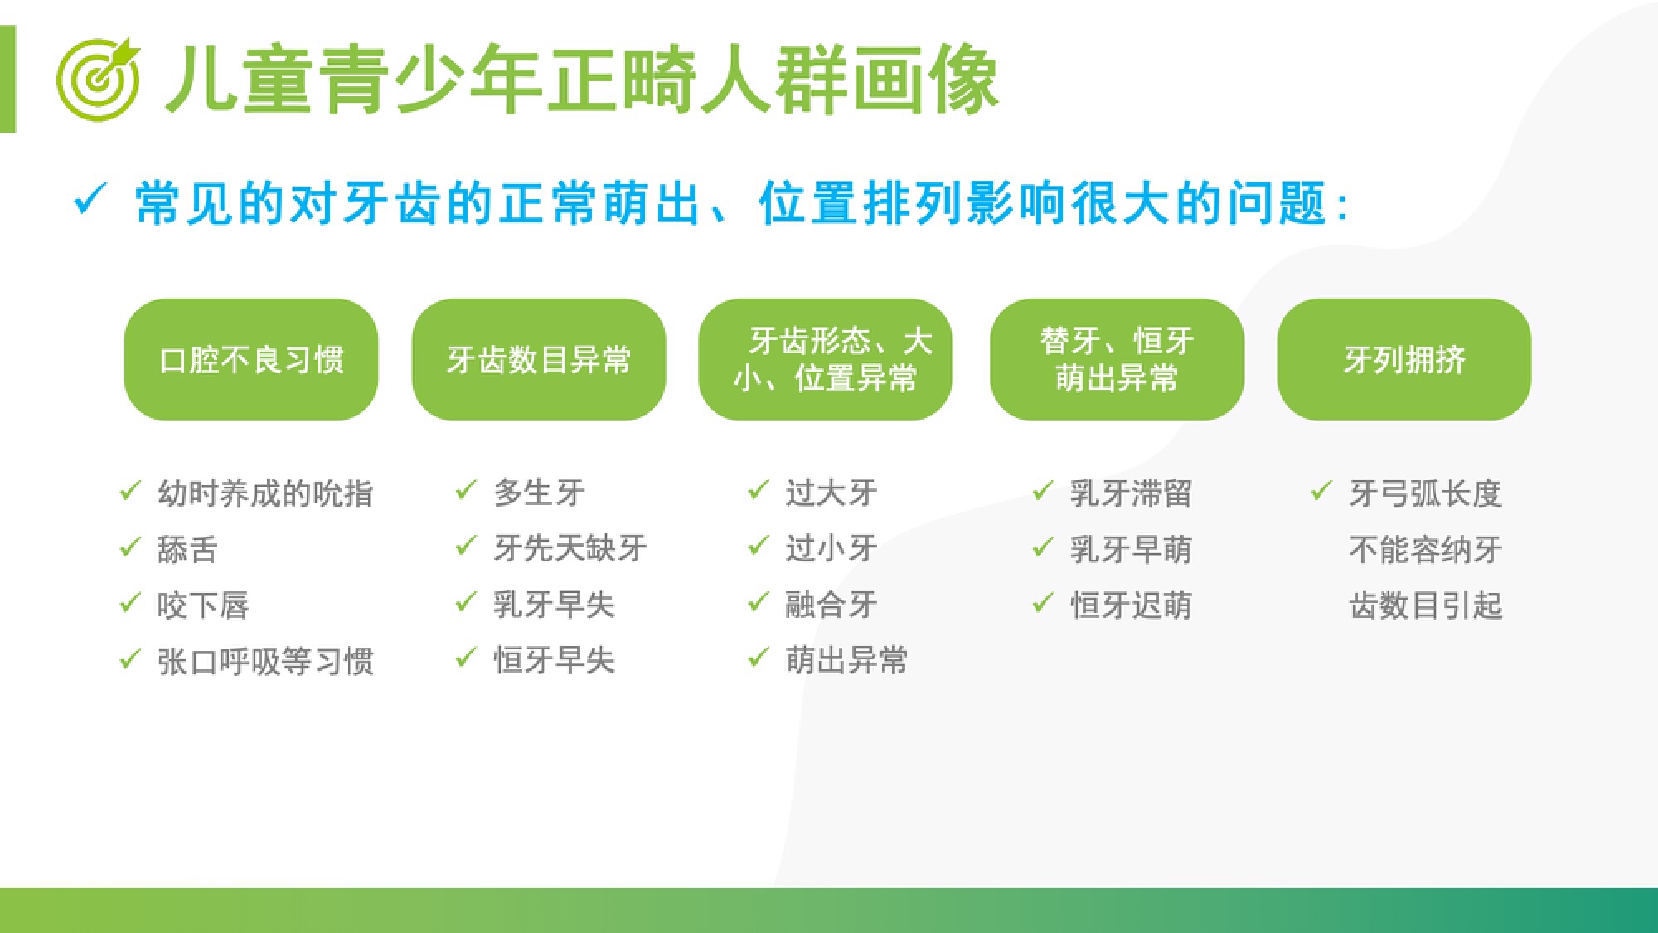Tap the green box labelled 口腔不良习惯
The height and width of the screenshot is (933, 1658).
click(251, 359)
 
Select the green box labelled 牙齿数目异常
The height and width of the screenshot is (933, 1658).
click(539, 359)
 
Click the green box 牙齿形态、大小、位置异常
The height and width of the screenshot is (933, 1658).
click(826, 359)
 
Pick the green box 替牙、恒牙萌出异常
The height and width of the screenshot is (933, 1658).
click(1117, 359)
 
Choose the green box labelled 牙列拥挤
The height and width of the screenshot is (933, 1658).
click(1404, 359)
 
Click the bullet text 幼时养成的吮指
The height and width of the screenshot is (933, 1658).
click(265, 493)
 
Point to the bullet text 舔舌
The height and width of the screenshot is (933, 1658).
click(187, 549)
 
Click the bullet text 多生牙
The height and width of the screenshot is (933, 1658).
click(539, 493)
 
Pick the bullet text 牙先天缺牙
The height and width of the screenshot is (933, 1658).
click(570, 548)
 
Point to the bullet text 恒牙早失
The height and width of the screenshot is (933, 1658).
click(555, 660)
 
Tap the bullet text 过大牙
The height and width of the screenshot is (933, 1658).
click(831, 493)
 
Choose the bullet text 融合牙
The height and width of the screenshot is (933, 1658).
click(831, 605)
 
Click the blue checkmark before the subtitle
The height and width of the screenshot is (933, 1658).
click(90, 199)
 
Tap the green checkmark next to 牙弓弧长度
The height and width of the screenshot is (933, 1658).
click(1321, 491)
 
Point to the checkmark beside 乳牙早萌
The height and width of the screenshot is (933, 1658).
click(1043, 547)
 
